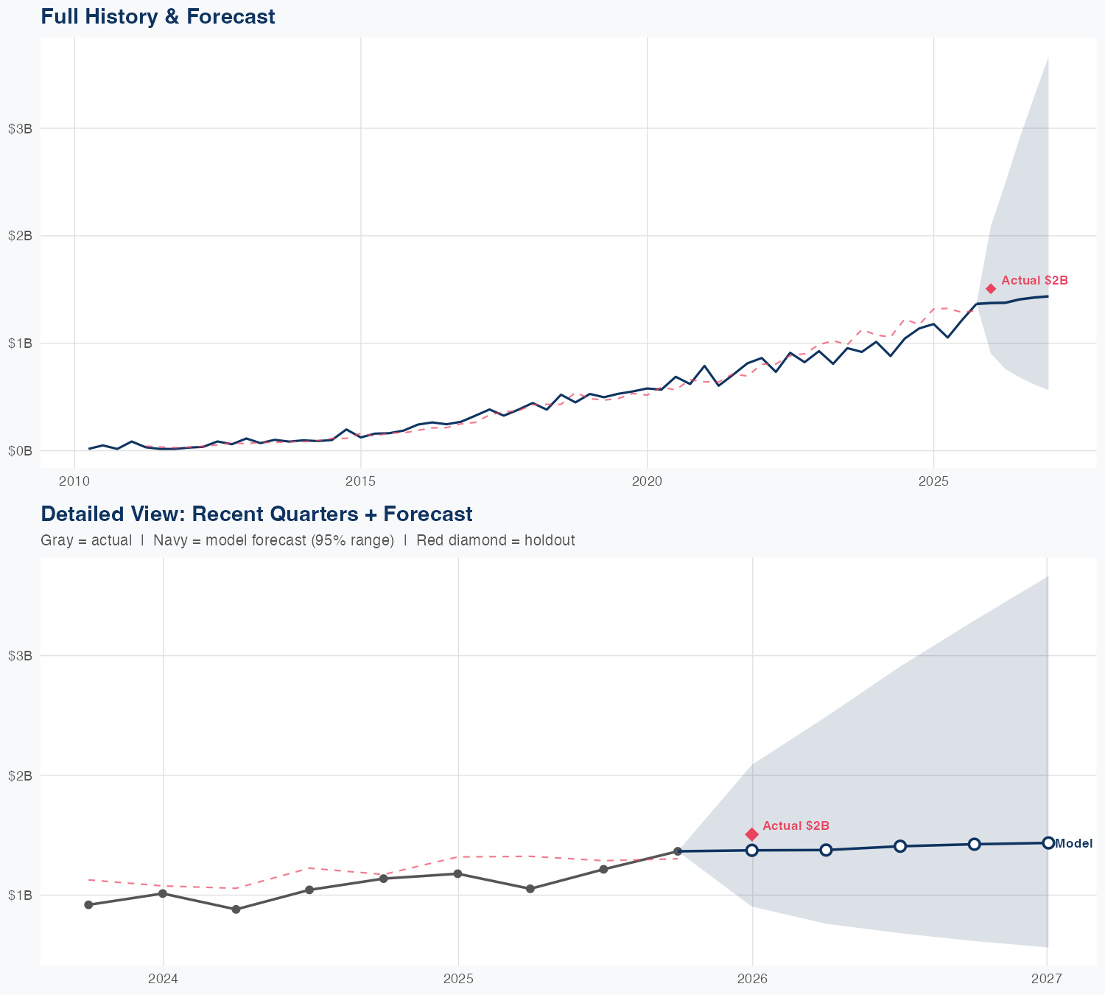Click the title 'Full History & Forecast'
point(158,16)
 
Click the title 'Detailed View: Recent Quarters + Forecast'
point(256,514)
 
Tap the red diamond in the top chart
point(991,289)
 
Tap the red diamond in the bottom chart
point(751,834)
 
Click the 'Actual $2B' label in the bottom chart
point(796,825)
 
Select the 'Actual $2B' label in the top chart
point(1034,281)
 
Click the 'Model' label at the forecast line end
point(1073,844)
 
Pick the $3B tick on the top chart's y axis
point(20,129)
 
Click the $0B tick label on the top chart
point(20,450)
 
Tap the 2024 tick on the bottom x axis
point(163,979)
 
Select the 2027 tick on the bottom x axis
point(1046,979)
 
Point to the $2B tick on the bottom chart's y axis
point(20,775)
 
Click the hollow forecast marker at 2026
point(752,850)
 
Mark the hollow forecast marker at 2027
point(1048,842)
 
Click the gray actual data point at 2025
point(457,874)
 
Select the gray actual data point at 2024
point(162,893)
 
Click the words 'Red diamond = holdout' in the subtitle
point(495,540)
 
